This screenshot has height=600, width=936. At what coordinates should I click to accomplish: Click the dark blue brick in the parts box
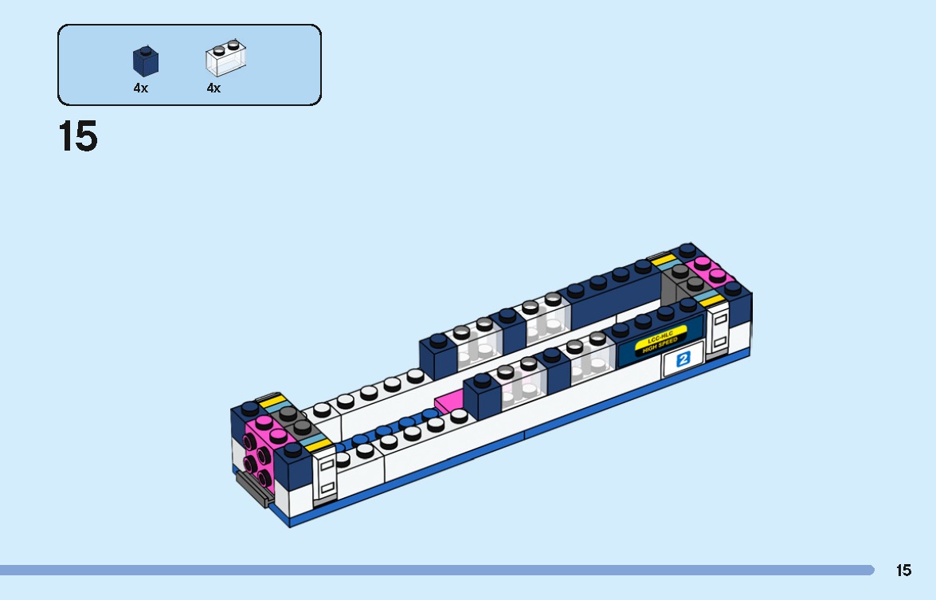tap(145, 61)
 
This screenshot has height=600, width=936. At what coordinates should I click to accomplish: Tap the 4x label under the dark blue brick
tap(140, 88)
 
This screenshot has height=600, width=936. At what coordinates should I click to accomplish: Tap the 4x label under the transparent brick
tap(213, 88)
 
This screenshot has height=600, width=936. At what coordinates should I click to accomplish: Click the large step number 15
tap(78, 137)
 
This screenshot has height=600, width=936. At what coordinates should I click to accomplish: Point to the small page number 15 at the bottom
tap(903, 571)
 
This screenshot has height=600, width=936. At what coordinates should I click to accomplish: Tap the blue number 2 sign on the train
tap(682, 359)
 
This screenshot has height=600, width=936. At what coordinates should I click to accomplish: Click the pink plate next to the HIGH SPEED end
tap(711, 273)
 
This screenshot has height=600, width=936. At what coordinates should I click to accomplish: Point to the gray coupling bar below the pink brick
tap(251, 485)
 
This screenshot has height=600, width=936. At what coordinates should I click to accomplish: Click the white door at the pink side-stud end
tap(325, 478)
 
